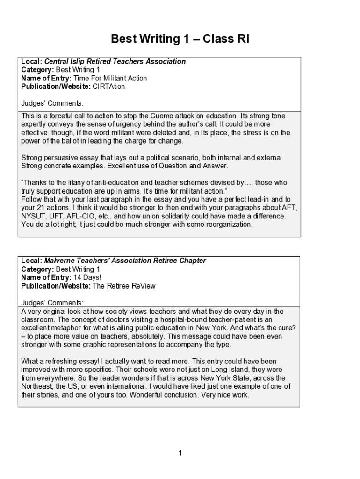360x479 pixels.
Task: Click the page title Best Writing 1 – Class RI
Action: pos(180,39)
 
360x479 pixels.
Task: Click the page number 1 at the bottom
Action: pos(180,452)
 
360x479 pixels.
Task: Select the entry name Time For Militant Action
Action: pos(110,78)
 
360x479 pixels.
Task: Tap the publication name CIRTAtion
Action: pos(109,87)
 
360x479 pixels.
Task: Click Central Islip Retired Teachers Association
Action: pos(115,61)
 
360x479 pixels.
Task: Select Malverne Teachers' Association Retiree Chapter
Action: pos(125,261)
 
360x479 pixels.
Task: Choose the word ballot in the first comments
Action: pos(69,141)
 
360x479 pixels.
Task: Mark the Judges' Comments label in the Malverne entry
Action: pos(52,303)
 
